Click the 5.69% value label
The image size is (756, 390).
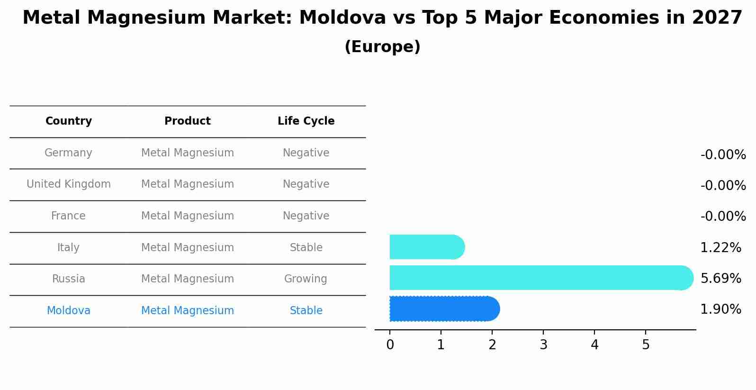720,279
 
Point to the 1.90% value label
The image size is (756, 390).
720,310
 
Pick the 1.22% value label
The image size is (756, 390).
720,248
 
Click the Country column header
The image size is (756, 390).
69,121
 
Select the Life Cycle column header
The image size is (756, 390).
306,121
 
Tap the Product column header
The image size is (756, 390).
188,121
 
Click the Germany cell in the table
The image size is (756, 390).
68,153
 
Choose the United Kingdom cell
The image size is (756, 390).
69,184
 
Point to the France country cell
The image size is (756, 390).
68,216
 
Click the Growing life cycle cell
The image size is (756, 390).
306,279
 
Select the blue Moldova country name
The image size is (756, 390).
69,311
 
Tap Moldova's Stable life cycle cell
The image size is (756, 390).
306,311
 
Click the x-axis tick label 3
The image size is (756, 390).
543,345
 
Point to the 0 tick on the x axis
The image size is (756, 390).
390,345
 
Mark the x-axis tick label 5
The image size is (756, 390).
646,345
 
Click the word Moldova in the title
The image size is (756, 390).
342,18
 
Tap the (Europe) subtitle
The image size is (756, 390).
382,47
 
